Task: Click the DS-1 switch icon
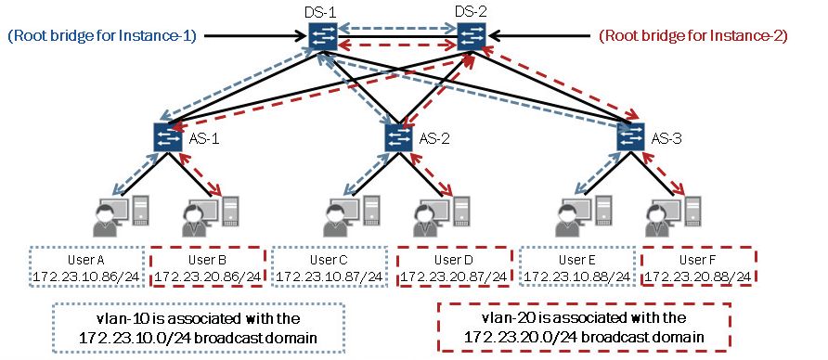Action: [x=324, y=37]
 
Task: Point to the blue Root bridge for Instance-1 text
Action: [x=101, y=36]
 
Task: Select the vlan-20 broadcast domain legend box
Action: [x=586, y=328]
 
